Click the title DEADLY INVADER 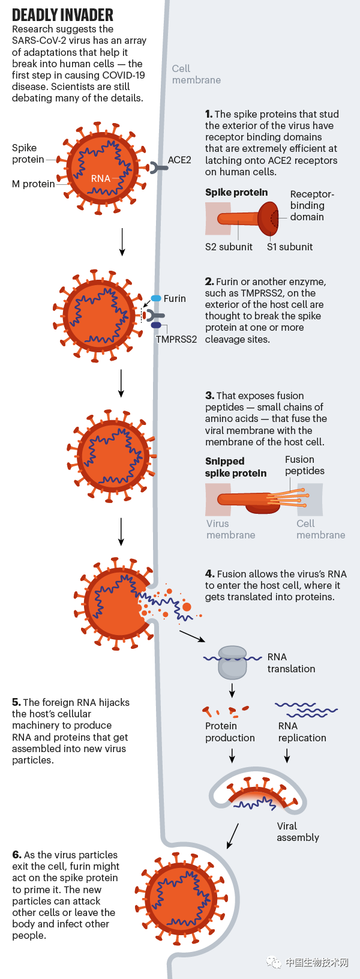(x=62, y=15)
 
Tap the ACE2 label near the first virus (x=179, y=160)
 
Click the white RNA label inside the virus (x=101, y=178)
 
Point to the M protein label (x=33, y=184)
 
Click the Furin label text (x=175, y=298)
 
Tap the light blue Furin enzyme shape (x=156, y=298)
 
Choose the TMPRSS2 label (x=176, y=339)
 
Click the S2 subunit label (x=229, y=247)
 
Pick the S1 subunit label (x=290, y=247)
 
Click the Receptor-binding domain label (x=311, y=205)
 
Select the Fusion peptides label (x=304, y=465)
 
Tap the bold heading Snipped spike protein (x=236, y=467)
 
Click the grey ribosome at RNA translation (x=232, y=662)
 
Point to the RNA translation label (x=291, y=663)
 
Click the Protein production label (x=230, y=732)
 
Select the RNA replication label (x=302, y=732)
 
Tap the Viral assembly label (x=298, y=831)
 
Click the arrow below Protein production (x=232, y=756)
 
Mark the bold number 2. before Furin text (x=209, y=282)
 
